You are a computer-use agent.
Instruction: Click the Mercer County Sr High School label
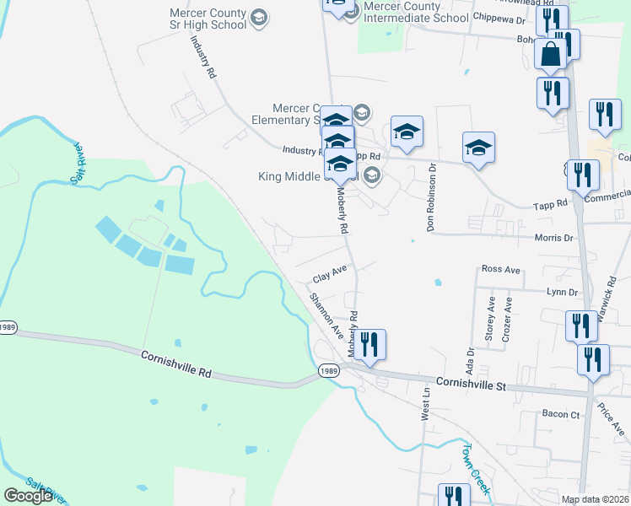point(208,19)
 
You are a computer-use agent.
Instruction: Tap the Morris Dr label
point(554,238)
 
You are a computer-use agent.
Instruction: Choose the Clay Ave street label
point(330,277)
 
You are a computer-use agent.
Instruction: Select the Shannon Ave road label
point(326,315)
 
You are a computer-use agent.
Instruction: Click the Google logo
point(28,496)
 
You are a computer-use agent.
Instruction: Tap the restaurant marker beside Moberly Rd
point(369,344)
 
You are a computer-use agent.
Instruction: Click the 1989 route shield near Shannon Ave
point(329,370)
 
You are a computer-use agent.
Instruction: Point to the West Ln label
point(427,405)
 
